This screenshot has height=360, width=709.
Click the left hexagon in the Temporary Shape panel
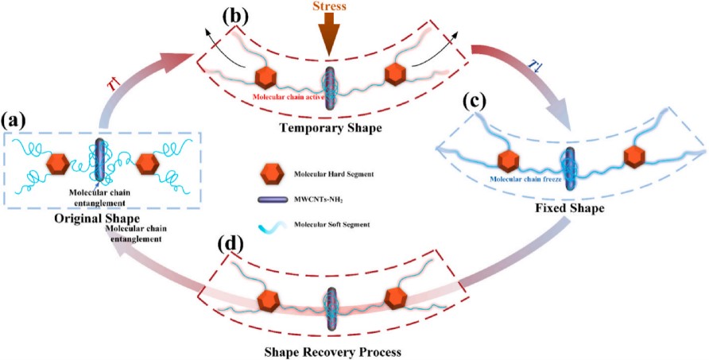266,79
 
